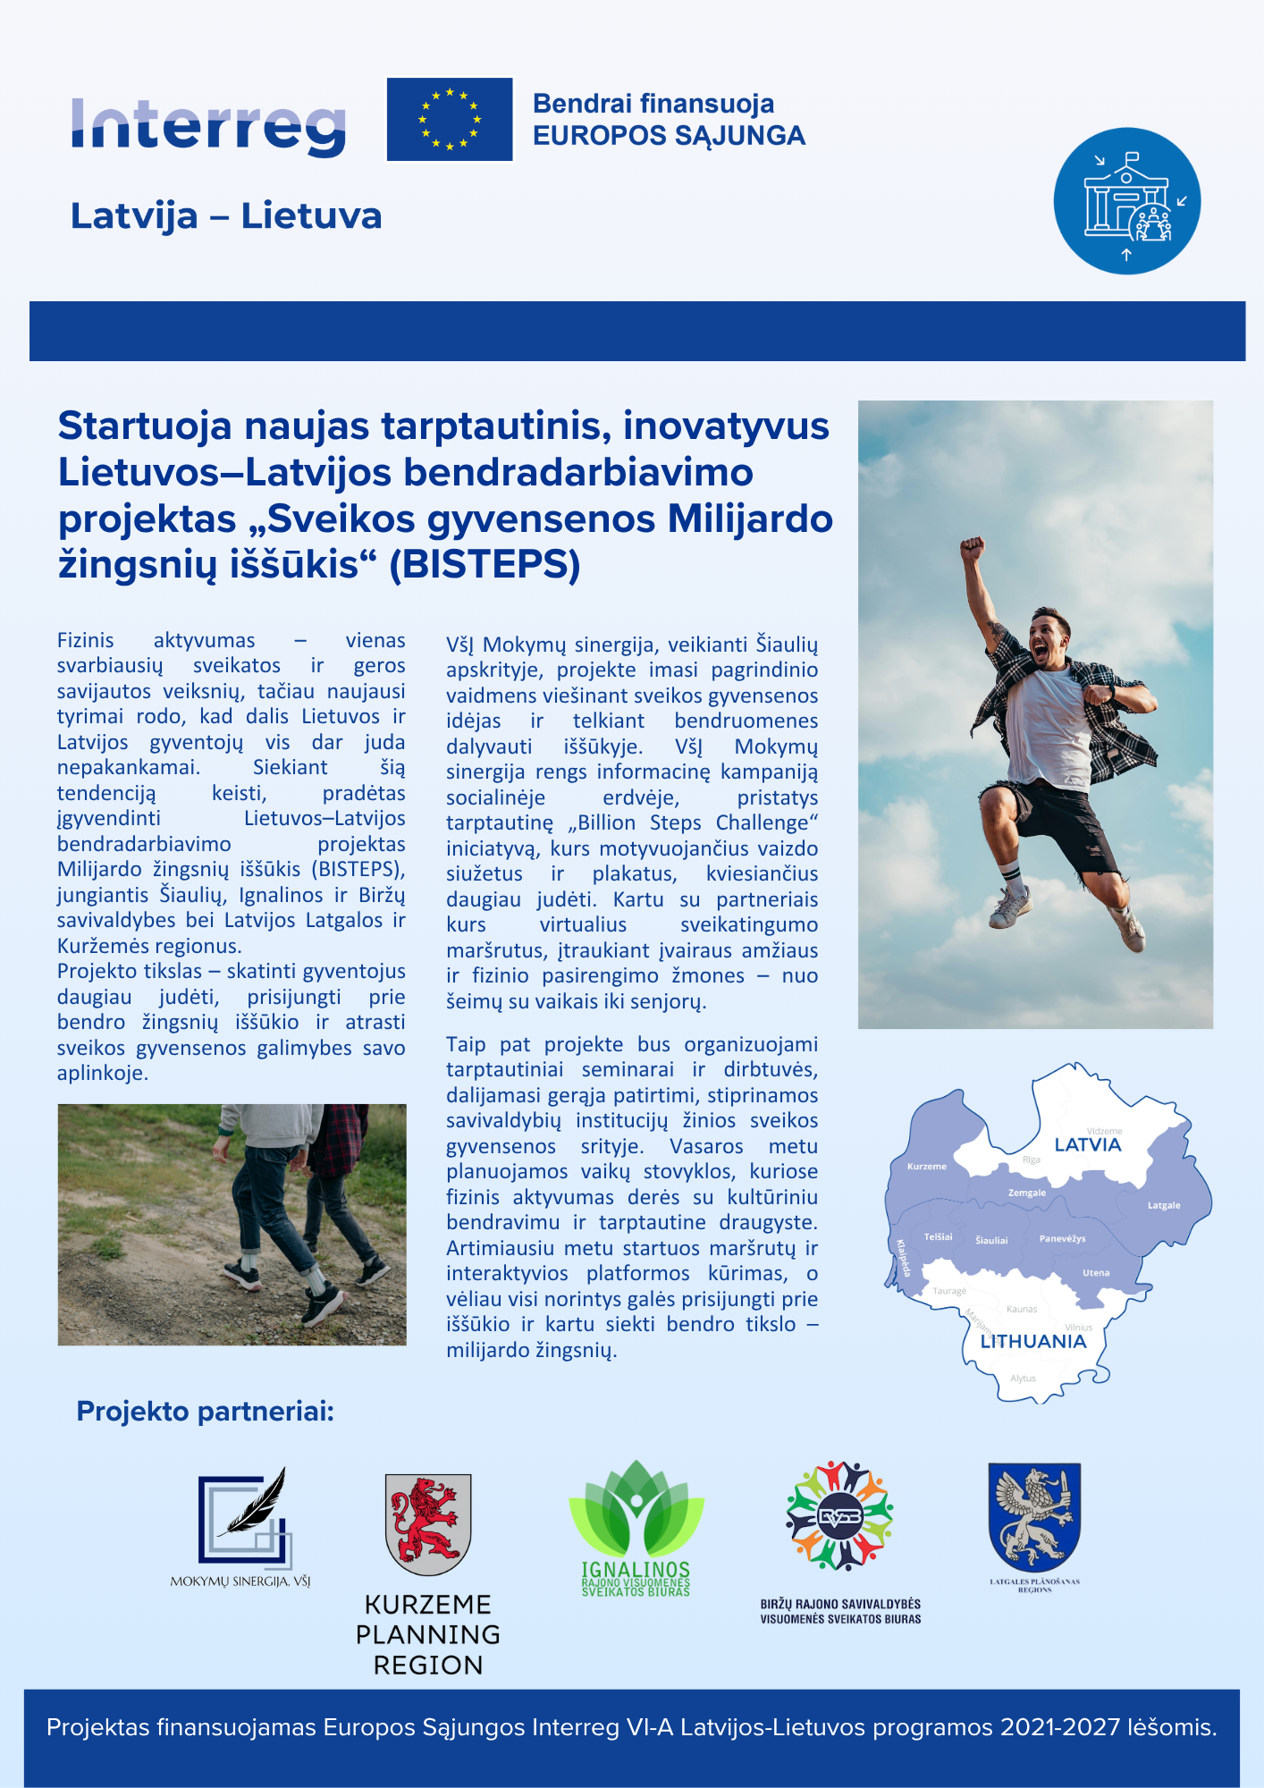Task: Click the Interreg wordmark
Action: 208,126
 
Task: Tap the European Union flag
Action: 450,120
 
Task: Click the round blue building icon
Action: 1126,201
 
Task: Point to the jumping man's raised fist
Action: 972,547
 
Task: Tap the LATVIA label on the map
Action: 1087,1145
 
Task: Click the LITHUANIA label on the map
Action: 1032,1342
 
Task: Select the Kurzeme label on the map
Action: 926,1167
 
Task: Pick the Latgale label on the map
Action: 1164,1206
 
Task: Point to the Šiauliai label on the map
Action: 991,1241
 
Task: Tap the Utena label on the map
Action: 1096,1273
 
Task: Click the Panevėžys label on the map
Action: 1062,1239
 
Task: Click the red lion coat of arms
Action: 428,1524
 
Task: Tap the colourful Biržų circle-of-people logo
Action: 839,1516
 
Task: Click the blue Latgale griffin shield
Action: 1034,1516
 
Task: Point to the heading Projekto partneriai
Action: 205,1412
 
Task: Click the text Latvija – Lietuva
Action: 226,216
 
